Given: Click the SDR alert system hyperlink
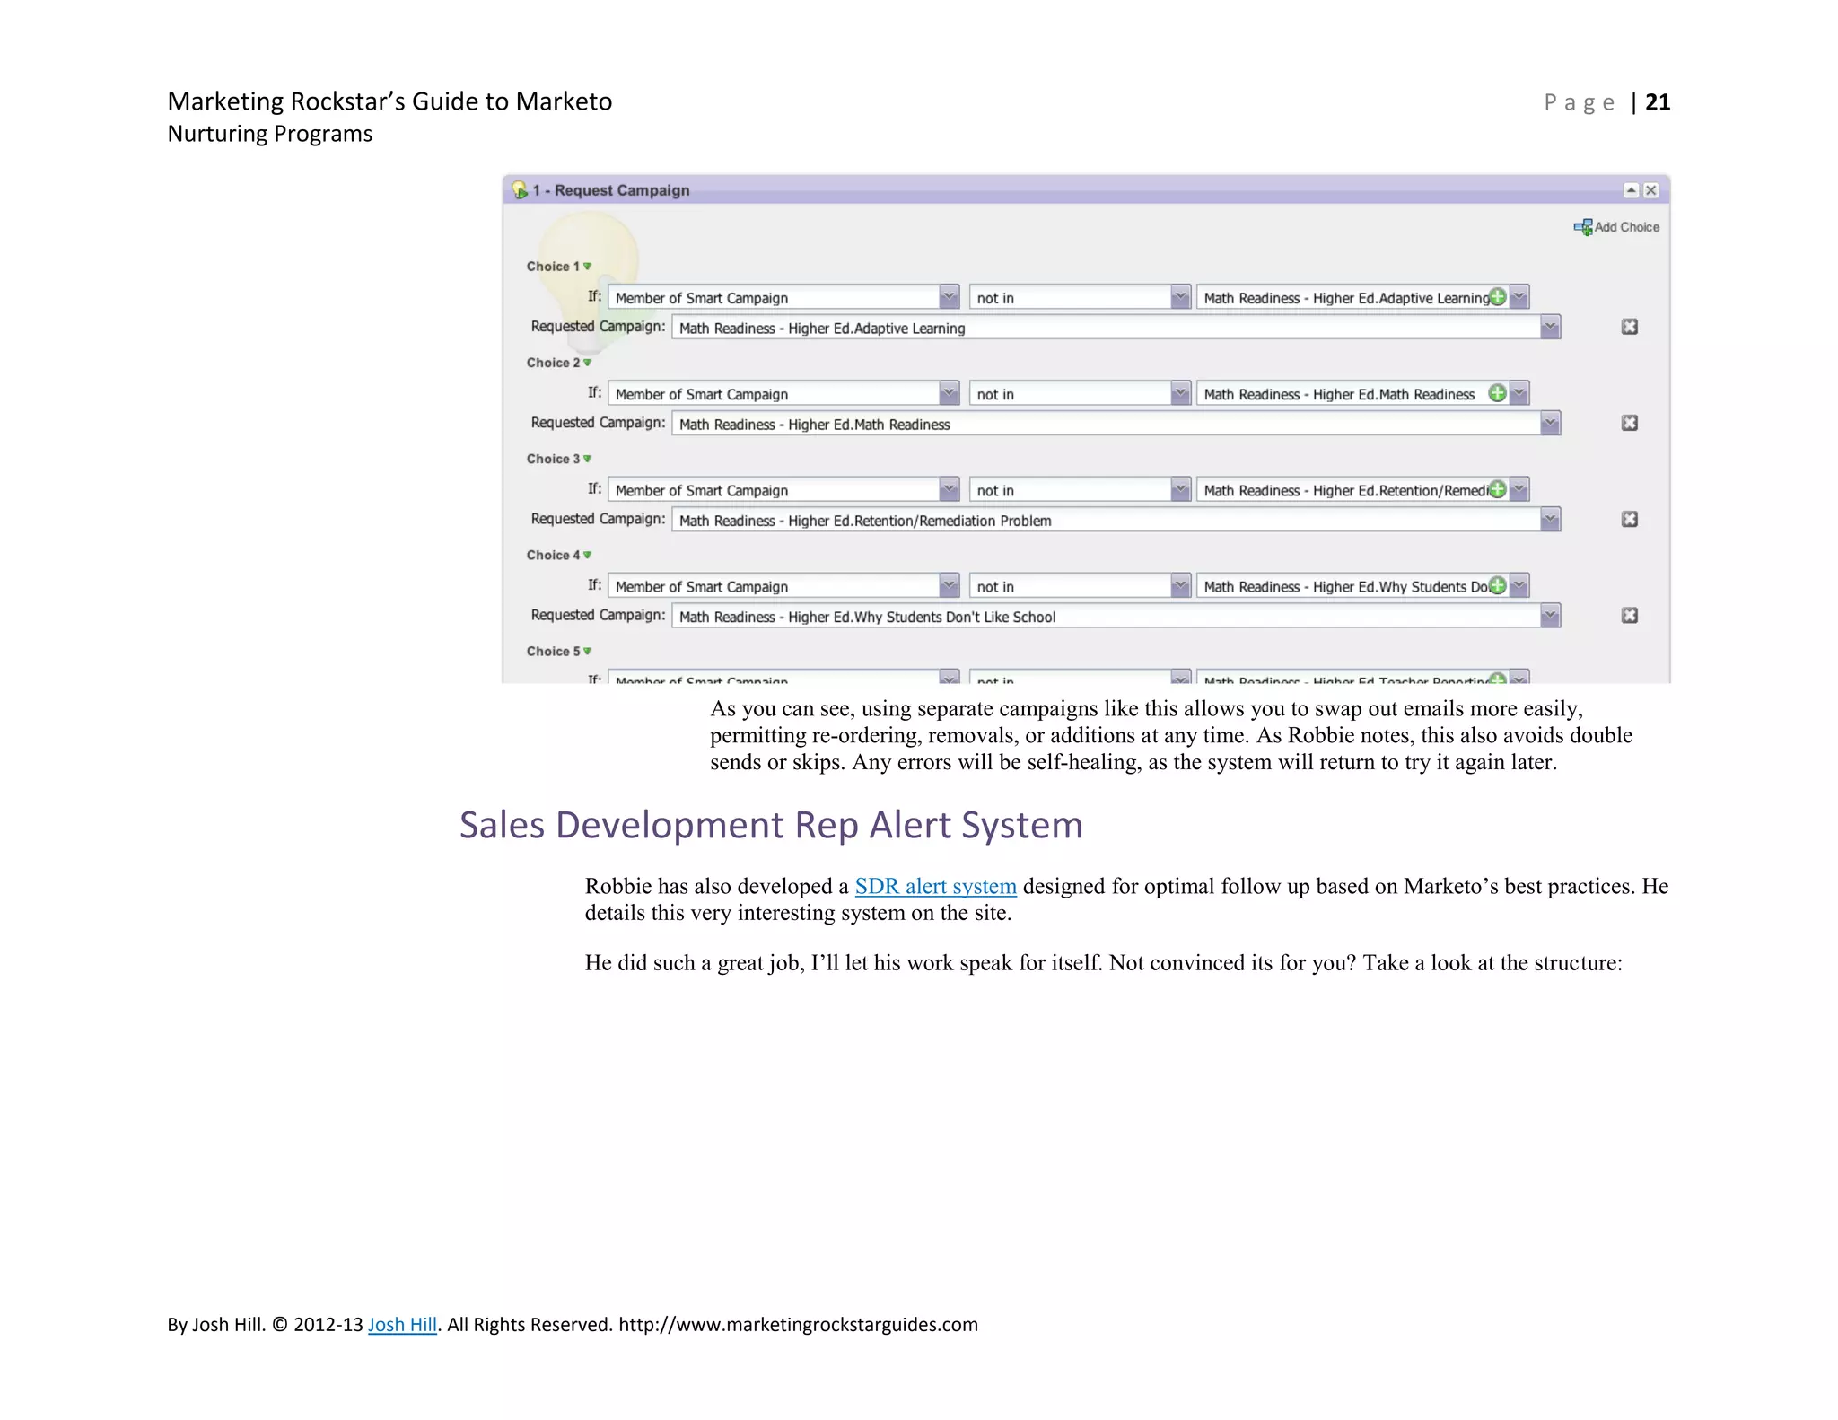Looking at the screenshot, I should coord(935,887).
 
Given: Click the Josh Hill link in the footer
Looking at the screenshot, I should coord(402,1325).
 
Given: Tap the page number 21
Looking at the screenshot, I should coord(1657,102).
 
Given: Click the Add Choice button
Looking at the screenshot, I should coord(1616,227).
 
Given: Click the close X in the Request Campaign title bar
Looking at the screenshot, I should coord(1650,190).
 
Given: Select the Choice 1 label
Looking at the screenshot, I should coord(554,267).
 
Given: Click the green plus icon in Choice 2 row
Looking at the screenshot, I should coord(1497,393).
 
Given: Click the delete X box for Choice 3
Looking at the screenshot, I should coord(1630,519).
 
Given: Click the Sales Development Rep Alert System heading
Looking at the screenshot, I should coord(771,825).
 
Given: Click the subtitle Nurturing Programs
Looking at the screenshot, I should coord(269,134).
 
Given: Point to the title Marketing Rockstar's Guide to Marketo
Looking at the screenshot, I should coord(389,101).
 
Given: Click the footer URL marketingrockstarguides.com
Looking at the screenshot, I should coord(798,1325).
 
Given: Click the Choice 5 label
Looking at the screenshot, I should coord(554,652).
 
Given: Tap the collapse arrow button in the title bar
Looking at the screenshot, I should coord(1631,190).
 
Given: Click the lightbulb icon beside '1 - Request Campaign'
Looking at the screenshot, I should coord(520,190).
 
